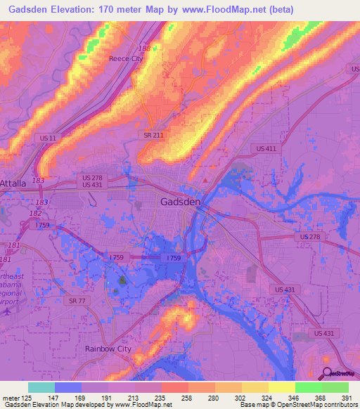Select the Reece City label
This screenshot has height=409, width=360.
pyautogui.click(x=125, y=59)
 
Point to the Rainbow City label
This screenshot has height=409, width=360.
pyautogui.click(x=108, y=349)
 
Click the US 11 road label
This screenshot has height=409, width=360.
pyautogui.click(x=49, y=138)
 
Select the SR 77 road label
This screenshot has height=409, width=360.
pyautogui.click(x=78, y=300)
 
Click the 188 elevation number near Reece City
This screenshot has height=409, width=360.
pyautogui.click(x=144, y=48)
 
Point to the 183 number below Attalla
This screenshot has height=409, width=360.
pyautogui.click(x=38, y=181)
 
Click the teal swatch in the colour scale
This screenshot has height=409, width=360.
pyautogui.click(x=41, y=387)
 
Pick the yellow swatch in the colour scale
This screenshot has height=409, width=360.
pyautogui.click(x=282, y=387)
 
